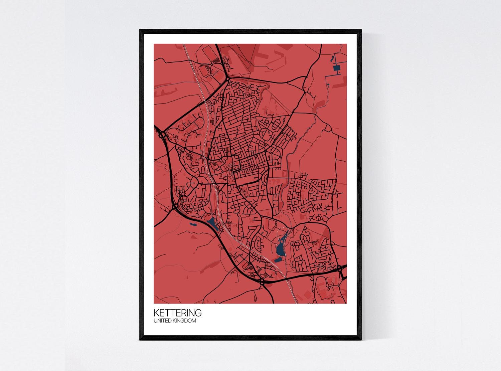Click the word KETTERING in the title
coord(177,313)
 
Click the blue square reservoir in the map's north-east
coord(336,69)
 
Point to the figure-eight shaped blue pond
coord(332,59)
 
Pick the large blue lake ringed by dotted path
coord(281,245)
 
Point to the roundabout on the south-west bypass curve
coord(175,207)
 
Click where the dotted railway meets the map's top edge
coord(184,44)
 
